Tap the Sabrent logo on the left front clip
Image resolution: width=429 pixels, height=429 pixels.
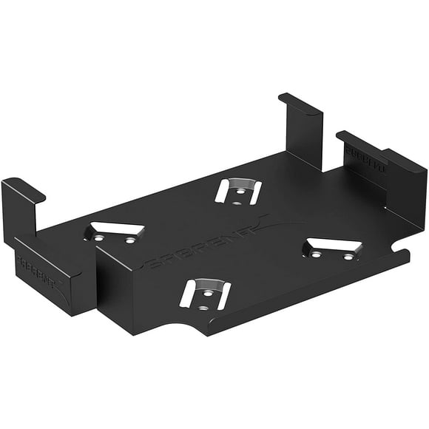[x=36, y=263]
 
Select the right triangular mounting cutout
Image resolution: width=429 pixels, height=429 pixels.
[x=332, y=249]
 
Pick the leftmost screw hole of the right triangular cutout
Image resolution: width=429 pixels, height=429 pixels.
[x=317, y=254]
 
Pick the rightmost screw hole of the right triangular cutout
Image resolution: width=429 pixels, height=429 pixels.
[x=348, y=257]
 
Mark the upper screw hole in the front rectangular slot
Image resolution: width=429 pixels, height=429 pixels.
[x=208, y=292]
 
